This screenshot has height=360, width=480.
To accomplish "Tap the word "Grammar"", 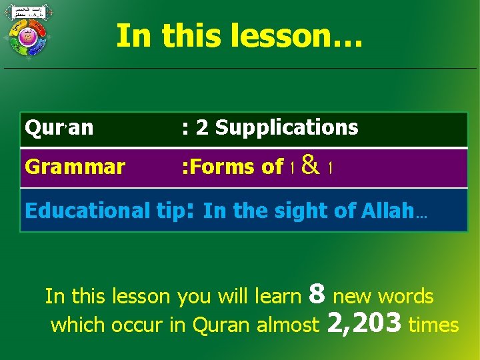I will coord(75,167).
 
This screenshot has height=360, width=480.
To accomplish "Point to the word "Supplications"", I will coord(287,127).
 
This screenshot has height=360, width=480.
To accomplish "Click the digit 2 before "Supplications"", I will coord(201,128).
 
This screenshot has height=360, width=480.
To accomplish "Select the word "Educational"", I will coord(86,211).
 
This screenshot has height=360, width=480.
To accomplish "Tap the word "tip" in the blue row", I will coord(170,211).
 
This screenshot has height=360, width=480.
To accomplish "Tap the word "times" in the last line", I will coord(433,325).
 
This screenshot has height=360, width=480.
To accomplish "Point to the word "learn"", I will coord(279,296).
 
